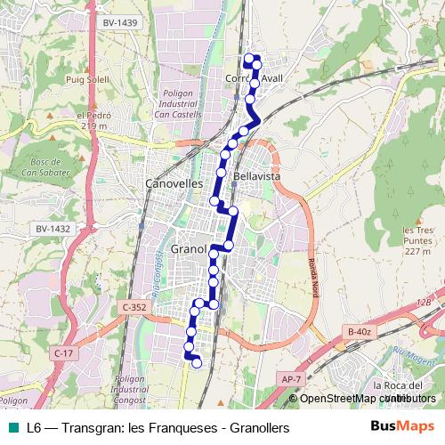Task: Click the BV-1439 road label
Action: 120,21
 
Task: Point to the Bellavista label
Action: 256,177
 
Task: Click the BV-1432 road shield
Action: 53,229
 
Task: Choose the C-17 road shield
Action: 63,353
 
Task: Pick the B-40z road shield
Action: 359,332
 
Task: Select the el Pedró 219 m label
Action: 92,120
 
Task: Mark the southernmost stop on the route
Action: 197,361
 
